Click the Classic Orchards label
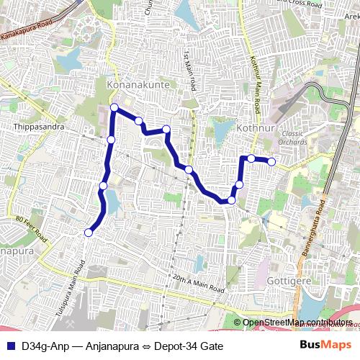[293, 138]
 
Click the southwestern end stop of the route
[89, 232]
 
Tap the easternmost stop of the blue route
[271, 162]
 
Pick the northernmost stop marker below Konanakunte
[114, 108]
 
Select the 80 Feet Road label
[31, 227]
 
